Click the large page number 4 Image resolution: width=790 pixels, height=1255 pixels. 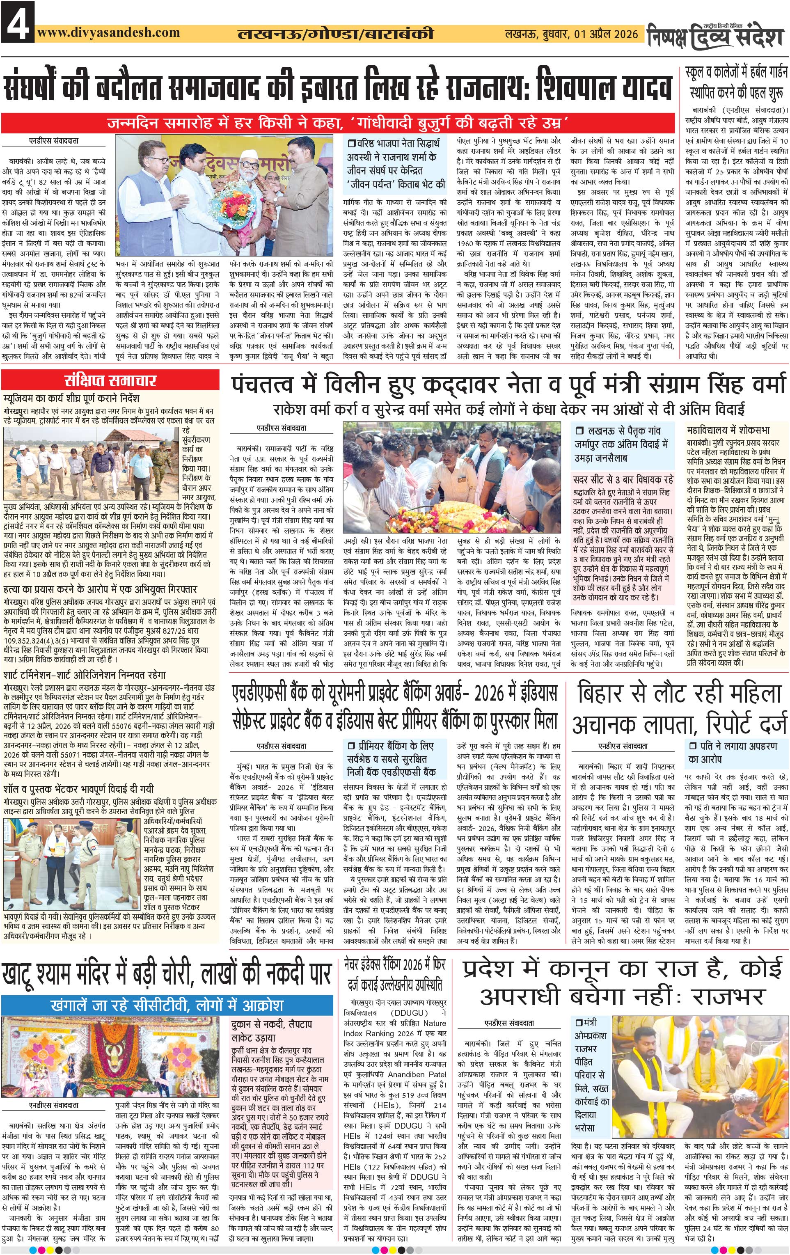18,22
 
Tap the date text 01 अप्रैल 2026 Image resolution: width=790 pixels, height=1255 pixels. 606,34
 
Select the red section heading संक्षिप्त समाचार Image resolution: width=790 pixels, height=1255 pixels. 110,380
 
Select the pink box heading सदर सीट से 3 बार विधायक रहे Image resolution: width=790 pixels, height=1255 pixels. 623,479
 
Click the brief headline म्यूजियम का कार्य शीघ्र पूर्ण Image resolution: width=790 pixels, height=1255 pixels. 71,398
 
